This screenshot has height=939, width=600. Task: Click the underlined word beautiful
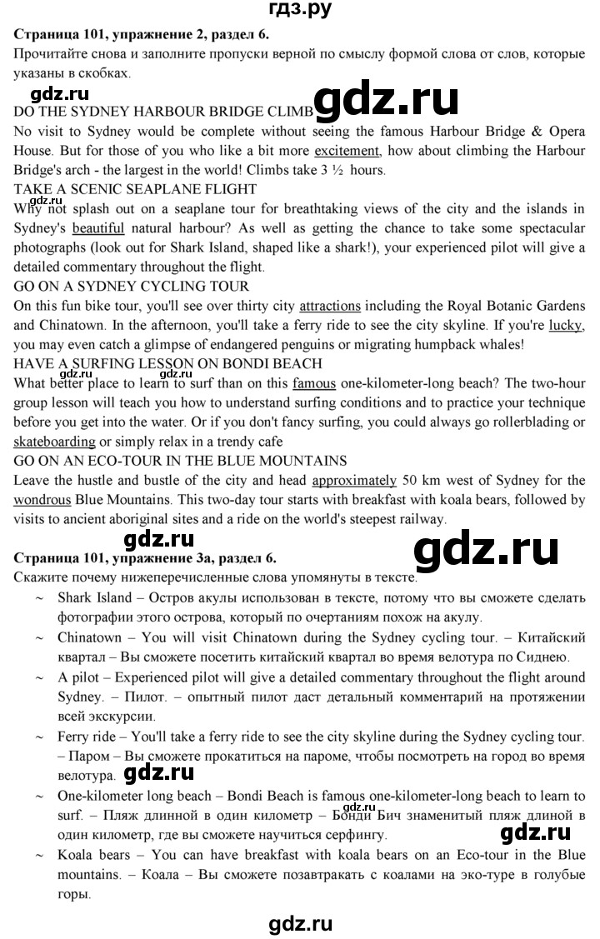(x=98, y=227)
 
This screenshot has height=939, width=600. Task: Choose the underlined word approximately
(x=354, y=480)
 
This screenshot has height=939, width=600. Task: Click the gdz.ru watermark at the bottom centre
(x=300, y=922)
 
